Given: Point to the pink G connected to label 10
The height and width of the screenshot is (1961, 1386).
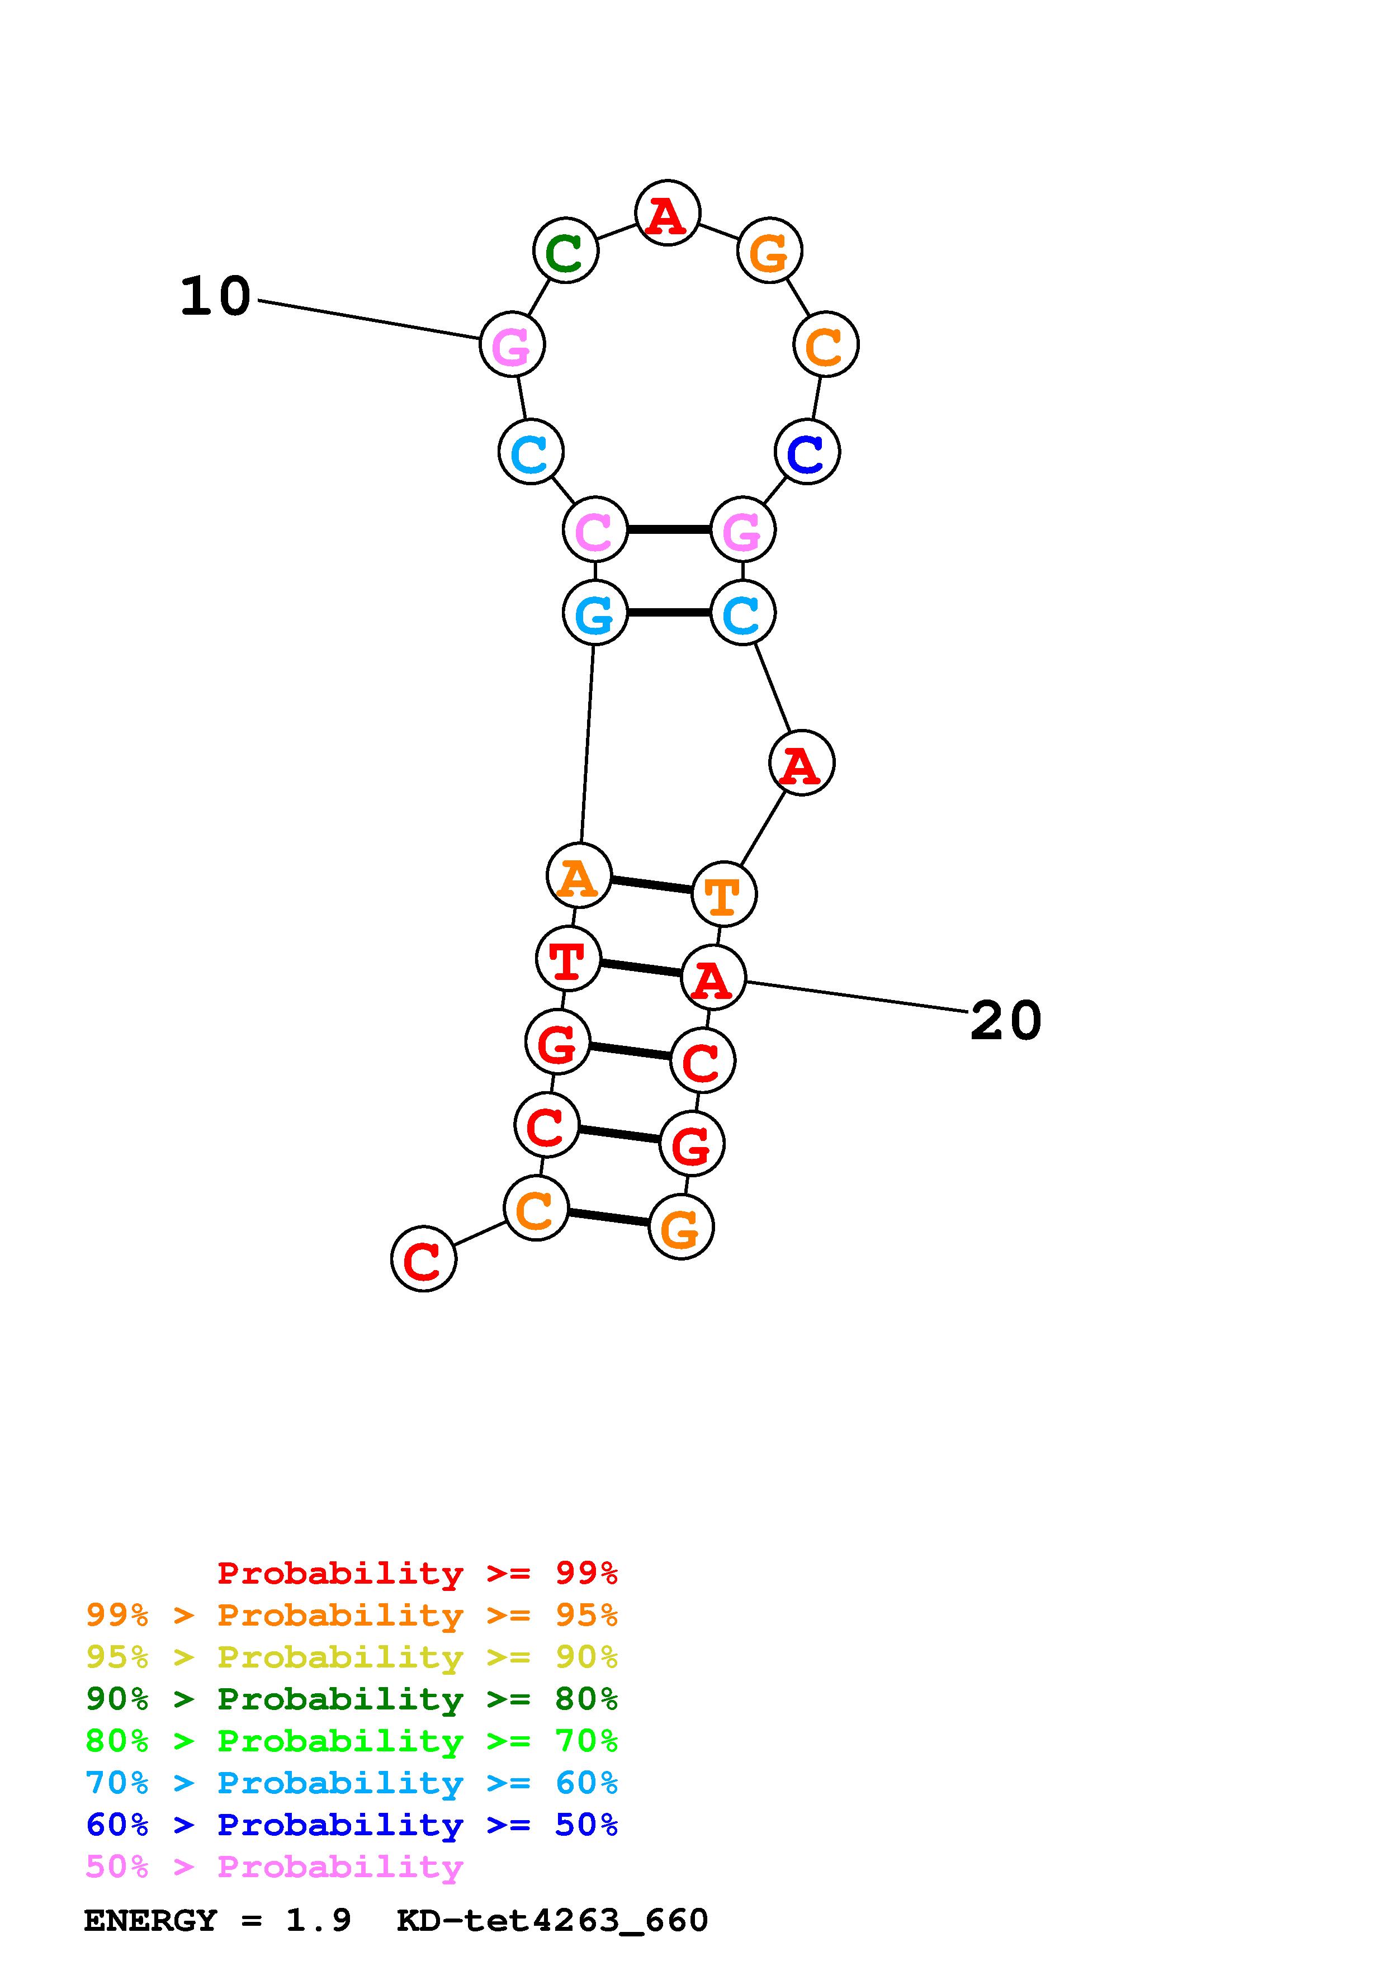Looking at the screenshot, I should tap(512, 344).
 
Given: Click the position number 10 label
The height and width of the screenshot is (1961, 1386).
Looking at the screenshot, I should tap(215, 296).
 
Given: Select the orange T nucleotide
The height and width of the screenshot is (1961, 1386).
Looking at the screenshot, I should tap(723, 894).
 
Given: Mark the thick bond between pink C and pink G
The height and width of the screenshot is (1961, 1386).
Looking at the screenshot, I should tap(669, 529).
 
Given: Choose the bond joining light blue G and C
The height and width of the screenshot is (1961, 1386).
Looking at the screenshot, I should tap(669, 612).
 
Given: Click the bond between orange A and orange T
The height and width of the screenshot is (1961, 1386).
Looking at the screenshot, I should tap(651, 885).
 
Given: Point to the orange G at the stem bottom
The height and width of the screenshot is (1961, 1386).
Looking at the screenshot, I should tap(680, 1228).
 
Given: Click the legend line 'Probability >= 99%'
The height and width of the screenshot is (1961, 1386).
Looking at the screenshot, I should tap(417, 1573).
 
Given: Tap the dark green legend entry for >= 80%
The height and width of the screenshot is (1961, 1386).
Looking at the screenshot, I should tap(352, 1699).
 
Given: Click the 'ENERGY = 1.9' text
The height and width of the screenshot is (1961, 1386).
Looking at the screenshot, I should tap(217, 1920).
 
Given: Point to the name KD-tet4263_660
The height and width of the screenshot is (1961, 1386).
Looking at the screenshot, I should tap(552, 1920).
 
